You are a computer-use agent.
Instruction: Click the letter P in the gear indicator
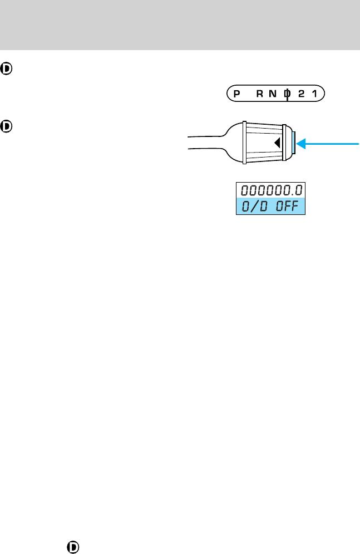point(236,94)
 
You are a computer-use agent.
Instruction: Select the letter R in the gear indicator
point(260,94)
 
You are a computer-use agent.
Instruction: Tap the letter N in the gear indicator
point(273,94)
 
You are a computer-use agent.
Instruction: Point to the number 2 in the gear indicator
point(301,94)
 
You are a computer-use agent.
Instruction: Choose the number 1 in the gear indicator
point(315,94)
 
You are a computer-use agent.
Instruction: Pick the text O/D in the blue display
point(255,207)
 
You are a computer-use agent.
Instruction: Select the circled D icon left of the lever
point(7,126)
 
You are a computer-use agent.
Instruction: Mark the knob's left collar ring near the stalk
point(244,143)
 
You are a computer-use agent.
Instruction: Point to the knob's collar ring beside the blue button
point(284,143)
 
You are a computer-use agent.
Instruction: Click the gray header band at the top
point(180,24)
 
